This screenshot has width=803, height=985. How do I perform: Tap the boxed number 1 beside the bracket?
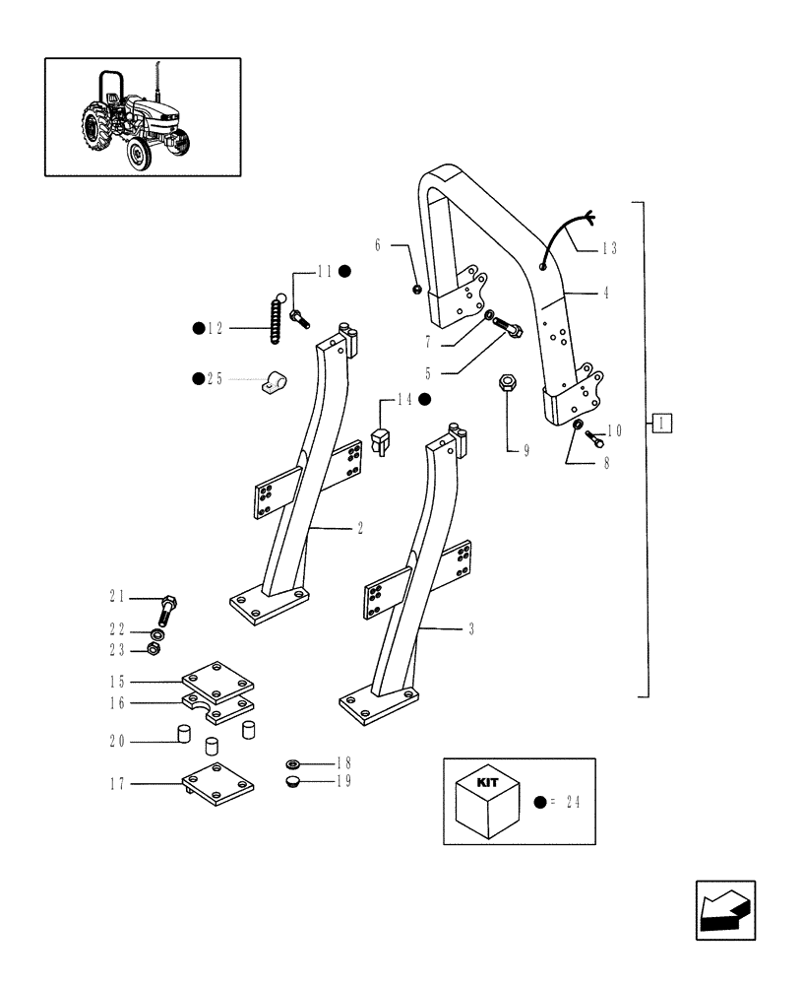click(x=662, y=424)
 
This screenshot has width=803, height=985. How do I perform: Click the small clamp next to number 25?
click(x=273, y=381)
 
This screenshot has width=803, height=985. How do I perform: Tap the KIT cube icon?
click(x=488, y=802)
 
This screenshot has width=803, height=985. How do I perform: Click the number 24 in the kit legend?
click(x=573, y=803)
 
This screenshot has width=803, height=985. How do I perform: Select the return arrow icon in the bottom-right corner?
click(x=724, y=909)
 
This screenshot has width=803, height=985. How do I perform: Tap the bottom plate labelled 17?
click(x=219, y=783)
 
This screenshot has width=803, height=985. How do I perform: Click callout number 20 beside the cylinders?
click(x=117, y=742)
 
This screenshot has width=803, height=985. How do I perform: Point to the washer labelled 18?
click(x=292, y=764)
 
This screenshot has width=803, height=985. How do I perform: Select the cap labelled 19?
click(x=292, y=782)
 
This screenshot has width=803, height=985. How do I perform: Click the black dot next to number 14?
click(x=424, y=399)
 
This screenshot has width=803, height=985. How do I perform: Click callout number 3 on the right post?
click(x=471, y=628)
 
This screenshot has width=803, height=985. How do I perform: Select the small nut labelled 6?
click(x=417, y=289)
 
